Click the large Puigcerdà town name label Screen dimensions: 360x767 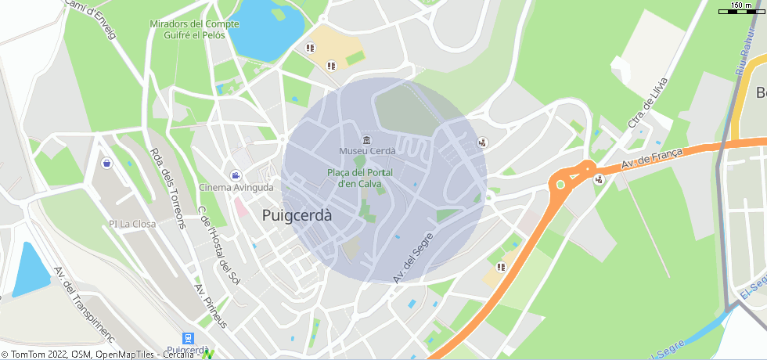297,214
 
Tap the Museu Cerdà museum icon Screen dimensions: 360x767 367,140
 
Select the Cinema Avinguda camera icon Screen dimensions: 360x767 236,175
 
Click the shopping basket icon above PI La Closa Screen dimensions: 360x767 106,164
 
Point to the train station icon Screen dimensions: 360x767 188,338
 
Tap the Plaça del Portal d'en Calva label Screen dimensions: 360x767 359,178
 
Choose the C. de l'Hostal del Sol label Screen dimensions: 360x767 218,242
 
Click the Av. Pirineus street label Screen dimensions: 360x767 211,306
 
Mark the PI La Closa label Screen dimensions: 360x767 132,224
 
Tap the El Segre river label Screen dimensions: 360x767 751,295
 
